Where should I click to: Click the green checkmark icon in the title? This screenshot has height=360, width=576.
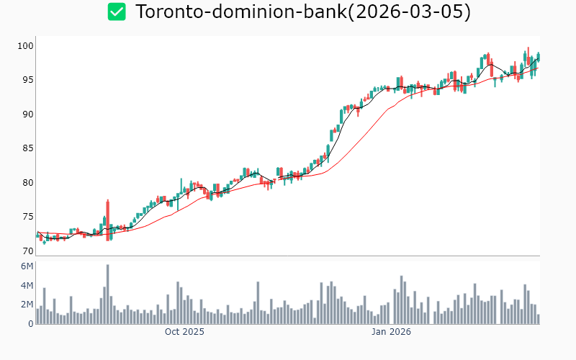pyautogui.click(x=117, y=12)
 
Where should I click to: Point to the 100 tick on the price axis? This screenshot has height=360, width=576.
pyautogui.click(x=26, y=46)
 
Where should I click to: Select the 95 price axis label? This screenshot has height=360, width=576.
pyautogui.click(x=27, y=80)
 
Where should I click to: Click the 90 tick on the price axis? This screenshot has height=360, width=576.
pyautogui.click(x=27, y=114)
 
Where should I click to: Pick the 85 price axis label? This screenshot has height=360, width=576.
pyautogui.click(x=27, y=148)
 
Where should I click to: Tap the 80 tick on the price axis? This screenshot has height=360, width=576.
pyautogui.click(x=27, y=183)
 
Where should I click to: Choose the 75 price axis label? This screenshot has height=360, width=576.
pyautogui.click(x=27, y=217)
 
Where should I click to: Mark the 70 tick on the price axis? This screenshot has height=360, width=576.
pyautogui.click(x=27, y=251)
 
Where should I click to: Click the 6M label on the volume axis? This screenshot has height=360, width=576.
pyautogui.click(x=27, y=266)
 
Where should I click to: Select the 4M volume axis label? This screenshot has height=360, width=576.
pyautogui.click(x=27, y=286)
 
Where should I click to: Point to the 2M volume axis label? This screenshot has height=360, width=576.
pyautogui.click(x=27, y=305)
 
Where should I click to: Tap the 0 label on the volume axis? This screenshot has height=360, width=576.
pyautogui.click(x=30, y=324)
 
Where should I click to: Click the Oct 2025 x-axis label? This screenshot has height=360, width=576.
pyautogui.click(x=184, y=332)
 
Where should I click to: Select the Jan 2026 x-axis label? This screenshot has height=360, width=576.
pyautogui.click(x=391, y=332)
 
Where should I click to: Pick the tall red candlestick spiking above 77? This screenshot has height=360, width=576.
pyautogui.click(x=108, y=220)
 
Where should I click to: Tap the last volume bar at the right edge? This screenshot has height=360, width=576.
pyautogui.click(x=538, y=319)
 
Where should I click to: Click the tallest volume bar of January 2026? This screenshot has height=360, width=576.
pyautogui.click(x=401, y=300)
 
